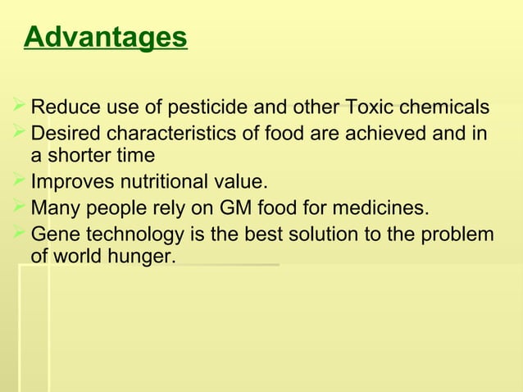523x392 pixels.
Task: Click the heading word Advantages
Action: [106, 38]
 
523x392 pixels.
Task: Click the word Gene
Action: [52, 235]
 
